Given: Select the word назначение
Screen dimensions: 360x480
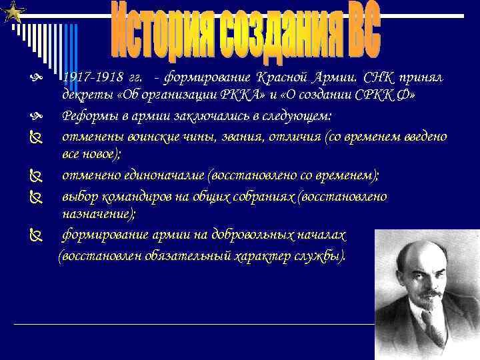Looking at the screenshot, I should pos(97,214).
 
